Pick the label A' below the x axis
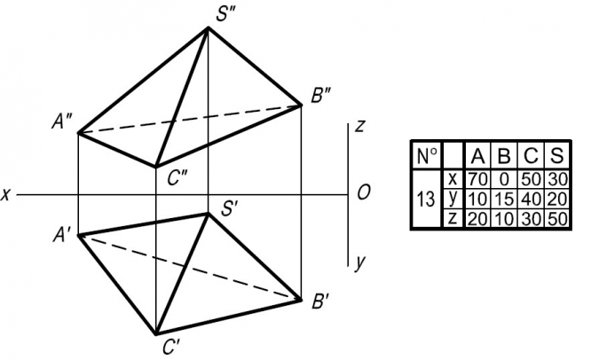(x=62, y=236)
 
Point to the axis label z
(x=359, y=126)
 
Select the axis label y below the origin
(x=359, y=262)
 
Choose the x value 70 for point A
(x=477, y=178)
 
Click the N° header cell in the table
(x=426, y=156)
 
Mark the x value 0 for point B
(x=503, y=178)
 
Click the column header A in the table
(x=477, y=156)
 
